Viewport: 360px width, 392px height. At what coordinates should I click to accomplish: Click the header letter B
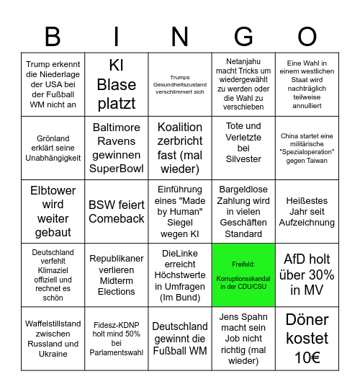pos(52,36)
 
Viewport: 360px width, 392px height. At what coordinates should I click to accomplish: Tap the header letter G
pos(243,36)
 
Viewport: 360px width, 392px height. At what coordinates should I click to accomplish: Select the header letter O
pos(307,36)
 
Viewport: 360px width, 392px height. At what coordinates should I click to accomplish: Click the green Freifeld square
pos(243,275)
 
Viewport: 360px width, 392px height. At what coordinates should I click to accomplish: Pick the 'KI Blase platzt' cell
pos(117,84)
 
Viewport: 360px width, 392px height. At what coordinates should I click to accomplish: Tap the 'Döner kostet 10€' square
pos(307,338)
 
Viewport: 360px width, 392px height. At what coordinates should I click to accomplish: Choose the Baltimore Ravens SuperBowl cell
pos(117,148)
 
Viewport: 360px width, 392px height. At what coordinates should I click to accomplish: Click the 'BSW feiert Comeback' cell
pos(117,211)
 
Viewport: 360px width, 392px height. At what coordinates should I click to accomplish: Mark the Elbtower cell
pos(52,211)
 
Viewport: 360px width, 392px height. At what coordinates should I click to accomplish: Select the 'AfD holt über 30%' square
pos(307,275)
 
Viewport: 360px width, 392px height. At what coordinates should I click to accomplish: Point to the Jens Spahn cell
pos(243,338)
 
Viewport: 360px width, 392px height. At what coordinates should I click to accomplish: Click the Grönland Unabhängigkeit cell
pos(52,148)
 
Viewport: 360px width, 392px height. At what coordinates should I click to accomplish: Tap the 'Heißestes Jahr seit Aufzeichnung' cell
pos(307,211)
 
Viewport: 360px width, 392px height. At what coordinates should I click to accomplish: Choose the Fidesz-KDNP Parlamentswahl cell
pos(117,338)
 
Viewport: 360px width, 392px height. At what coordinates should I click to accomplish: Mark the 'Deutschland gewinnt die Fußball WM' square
pos(180,338)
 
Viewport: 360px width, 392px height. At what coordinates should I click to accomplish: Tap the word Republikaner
pos(117,258)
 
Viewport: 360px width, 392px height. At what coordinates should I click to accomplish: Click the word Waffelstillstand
pos(52,324)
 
